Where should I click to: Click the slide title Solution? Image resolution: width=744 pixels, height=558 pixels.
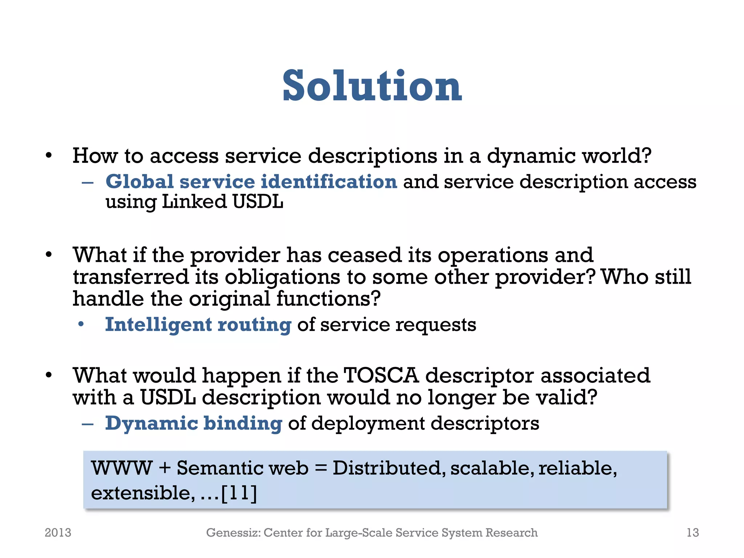tap(372, 86)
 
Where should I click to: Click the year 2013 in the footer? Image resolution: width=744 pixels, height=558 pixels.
tap(58, 533)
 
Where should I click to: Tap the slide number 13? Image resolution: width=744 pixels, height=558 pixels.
tap(692, 533)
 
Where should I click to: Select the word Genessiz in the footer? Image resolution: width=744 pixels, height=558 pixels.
tap(233, 533)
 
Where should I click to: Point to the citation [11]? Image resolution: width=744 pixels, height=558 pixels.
tap(239, 493)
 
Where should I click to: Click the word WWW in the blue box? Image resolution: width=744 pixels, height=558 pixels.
tap(122, 468)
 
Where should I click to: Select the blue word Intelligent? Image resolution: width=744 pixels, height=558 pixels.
tap(158, 324)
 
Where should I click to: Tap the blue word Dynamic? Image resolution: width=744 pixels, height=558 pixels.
tap(151, 424)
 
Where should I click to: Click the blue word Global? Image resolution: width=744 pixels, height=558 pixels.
tap(139, 182)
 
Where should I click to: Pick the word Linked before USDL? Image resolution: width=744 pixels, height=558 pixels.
tap(194, 202)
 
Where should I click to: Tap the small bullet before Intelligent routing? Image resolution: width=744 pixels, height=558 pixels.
tap(81, 324)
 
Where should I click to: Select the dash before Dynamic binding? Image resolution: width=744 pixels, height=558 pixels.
tap(88, 424)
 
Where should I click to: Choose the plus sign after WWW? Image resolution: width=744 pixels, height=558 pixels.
tap(165, 468)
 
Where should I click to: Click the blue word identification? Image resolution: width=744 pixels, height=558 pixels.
tap(329, 182)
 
